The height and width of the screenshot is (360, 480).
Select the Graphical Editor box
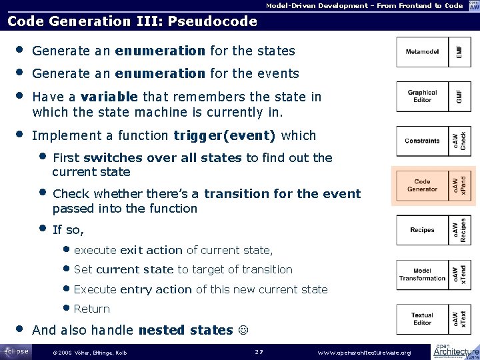(x=422, y=97)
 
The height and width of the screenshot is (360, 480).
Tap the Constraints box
(x=422, y=141)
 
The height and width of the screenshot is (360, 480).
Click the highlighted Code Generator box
(x=422, y=185)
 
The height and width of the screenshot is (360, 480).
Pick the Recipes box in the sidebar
(x=422, y=230)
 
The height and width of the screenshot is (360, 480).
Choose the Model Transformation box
(x=422, y=274)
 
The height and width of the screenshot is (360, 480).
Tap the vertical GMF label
(x=458, y=97)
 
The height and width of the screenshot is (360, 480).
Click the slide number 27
(x=260, y=351)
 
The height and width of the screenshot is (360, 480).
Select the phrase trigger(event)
(x=224, y=136)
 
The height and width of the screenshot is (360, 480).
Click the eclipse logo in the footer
(x=16, y=351)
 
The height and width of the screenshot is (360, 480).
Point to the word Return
(x=92, y=309)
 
